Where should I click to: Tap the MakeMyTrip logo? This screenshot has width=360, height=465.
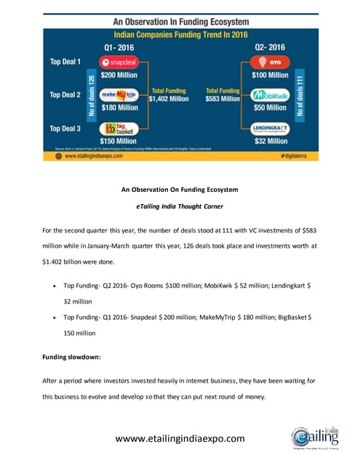click(119, 95)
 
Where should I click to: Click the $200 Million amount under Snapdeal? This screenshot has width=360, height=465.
click(119, 75)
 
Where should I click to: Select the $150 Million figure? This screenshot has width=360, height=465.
click(119, 142)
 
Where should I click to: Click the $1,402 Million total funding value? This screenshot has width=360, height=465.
click(169, 98)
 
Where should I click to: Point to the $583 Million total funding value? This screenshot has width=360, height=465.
click(223, 98)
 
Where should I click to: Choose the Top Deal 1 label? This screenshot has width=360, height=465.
click(65, 62)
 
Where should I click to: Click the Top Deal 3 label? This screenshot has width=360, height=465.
click(65, 128)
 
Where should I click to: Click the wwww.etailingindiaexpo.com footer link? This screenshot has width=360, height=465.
click(179, 438)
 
